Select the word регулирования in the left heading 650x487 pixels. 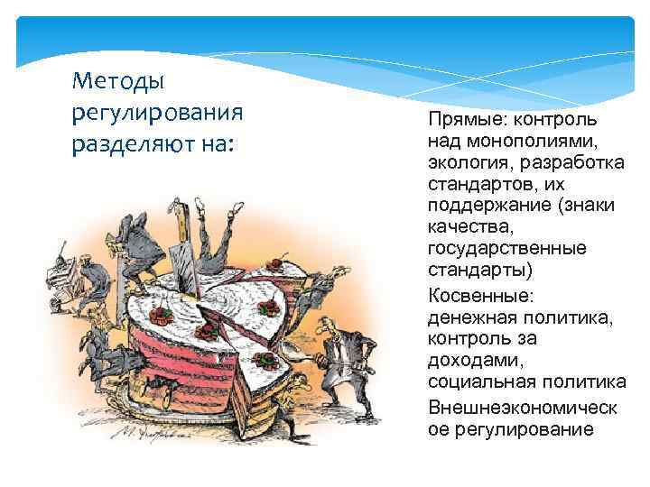pos(156,113)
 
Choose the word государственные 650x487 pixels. pos(507,247)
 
